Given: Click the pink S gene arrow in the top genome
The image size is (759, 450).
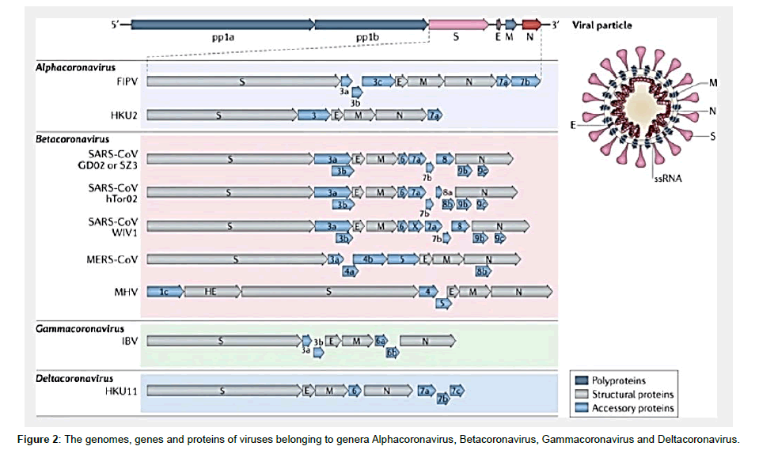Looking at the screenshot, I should tap(457, 25).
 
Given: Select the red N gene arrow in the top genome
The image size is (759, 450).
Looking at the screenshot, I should tap(531, 25).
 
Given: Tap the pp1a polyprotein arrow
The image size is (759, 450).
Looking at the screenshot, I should tap(222, 25).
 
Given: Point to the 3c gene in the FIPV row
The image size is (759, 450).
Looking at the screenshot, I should tap(378, 81).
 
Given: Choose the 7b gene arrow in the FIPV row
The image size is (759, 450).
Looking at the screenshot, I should tap(526, 81).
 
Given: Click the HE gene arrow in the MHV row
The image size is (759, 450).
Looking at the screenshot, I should tap(211, 292).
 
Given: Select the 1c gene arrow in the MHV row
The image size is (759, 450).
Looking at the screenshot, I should tap(165, 292).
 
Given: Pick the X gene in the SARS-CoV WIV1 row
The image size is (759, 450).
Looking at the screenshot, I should tap(414, 225).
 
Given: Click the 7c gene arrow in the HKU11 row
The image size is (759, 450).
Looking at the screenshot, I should tap(456, 389).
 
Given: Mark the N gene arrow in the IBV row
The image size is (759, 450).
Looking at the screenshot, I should tap(427, 341).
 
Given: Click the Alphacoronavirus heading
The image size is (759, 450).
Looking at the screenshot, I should tap(75, 68).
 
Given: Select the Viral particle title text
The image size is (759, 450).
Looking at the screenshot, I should tap(605, 25).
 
